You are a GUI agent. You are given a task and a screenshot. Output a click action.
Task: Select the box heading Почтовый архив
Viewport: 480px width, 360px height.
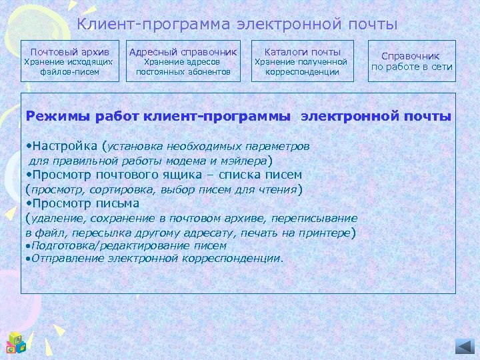point(70,51)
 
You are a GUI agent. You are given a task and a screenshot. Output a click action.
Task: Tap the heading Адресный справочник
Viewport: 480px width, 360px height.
point(183,51)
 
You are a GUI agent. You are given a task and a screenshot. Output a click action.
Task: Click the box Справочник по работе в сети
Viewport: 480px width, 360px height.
point(411,61)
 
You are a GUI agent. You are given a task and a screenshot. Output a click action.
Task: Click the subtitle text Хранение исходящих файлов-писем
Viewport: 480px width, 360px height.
point(69,67)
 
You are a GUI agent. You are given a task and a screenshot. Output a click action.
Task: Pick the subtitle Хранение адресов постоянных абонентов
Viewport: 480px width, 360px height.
point(183,67)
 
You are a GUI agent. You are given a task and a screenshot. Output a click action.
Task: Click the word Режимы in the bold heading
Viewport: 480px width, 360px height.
point(51,116)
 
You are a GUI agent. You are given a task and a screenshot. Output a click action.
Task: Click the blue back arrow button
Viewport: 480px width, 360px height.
point(464,345)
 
